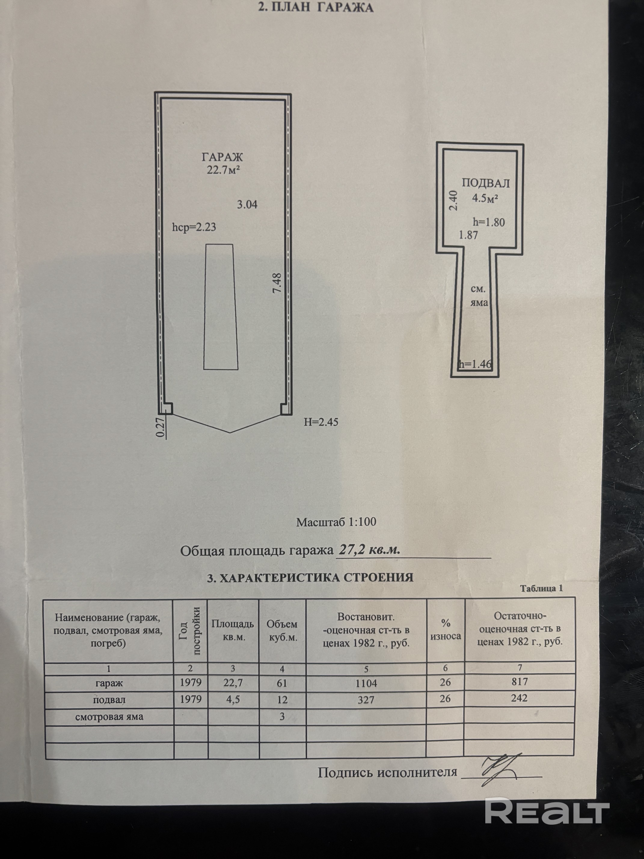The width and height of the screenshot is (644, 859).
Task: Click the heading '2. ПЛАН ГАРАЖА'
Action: (316, 8)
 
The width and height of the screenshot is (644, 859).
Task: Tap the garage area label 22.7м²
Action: (223, 170)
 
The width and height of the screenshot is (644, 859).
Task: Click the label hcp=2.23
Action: (194, 227)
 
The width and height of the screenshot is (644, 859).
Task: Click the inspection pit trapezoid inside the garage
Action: (221, 307)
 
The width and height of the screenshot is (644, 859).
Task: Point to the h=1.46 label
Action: (475, 364)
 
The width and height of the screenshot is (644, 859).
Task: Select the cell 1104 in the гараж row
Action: (366, 683)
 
